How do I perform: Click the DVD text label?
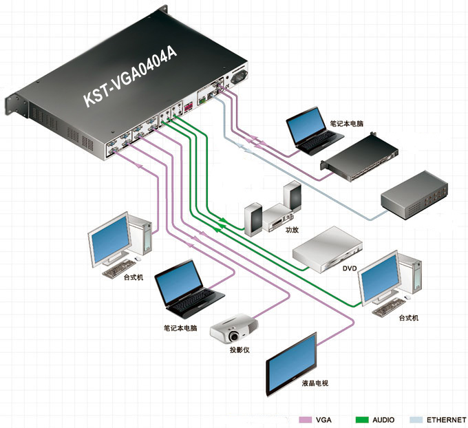coord(350,268)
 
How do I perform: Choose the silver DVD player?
coord(326,248)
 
